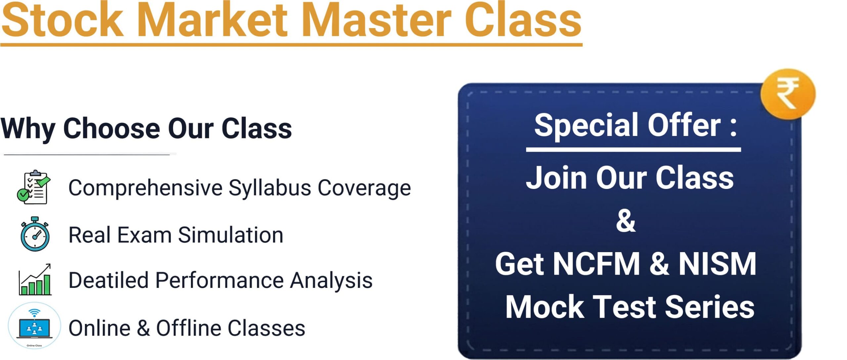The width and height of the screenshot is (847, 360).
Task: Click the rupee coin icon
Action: (788, 94)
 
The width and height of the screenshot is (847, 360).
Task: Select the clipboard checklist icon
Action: (34, 187)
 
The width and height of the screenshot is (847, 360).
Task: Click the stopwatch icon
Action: (35, 234)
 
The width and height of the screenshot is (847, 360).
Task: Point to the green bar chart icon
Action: (35, 280)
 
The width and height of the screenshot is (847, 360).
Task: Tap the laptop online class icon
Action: (34, 326)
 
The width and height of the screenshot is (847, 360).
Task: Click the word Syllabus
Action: (270, 188)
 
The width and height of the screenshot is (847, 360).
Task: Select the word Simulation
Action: (230, 235)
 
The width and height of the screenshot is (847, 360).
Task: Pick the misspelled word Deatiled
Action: (108, 281)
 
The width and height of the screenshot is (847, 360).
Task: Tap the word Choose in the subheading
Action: (112, 128)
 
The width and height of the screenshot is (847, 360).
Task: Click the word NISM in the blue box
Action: (717, 264)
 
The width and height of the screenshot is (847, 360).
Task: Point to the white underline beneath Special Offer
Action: (633, 150)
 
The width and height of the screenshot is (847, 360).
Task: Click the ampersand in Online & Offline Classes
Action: (143, 328)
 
